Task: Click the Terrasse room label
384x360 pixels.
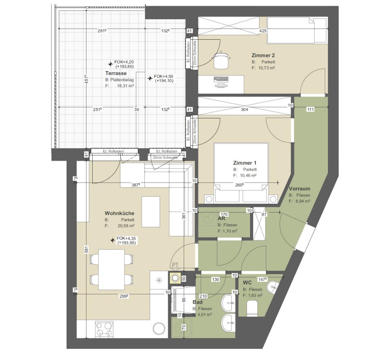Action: click(x=116, y=73)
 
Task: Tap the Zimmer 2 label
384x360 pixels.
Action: click(x=263, y=55)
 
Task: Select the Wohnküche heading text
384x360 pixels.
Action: click(x=119, y=213)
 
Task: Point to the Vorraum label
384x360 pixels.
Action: click(x=299, y=189)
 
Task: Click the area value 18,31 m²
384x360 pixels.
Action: click(x=125, y=86)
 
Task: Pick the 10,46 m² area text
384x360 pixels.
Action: click(x=248, y=176)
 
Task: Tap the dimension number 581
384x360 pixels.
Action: click(x=86, y=249)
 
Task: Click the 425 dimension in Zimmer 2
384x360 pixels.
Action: click(x=263, y=31)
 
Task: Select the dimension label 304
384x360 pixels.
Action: click(x=244, y=110)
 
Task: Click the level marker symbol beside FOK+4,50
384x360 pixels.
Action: click(x=150, y=78)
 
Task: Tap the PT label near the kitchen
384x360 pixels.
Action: click(x=175, y=265)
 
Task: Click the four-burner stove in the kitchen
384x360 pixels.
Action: click(x=104, y=330)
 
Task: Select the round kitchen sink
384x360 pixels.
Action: click(x=159, y=328)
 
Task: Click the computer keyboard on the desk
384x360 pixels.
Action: click(x=221, y=79)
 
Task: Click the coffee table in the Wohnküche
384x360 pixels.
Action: click(x=151, y=212)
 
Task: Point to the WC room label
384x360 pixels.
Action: click(x=247, y=283)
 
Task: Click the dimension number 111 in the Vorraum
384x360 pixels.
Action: click(x=310, y=110)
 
